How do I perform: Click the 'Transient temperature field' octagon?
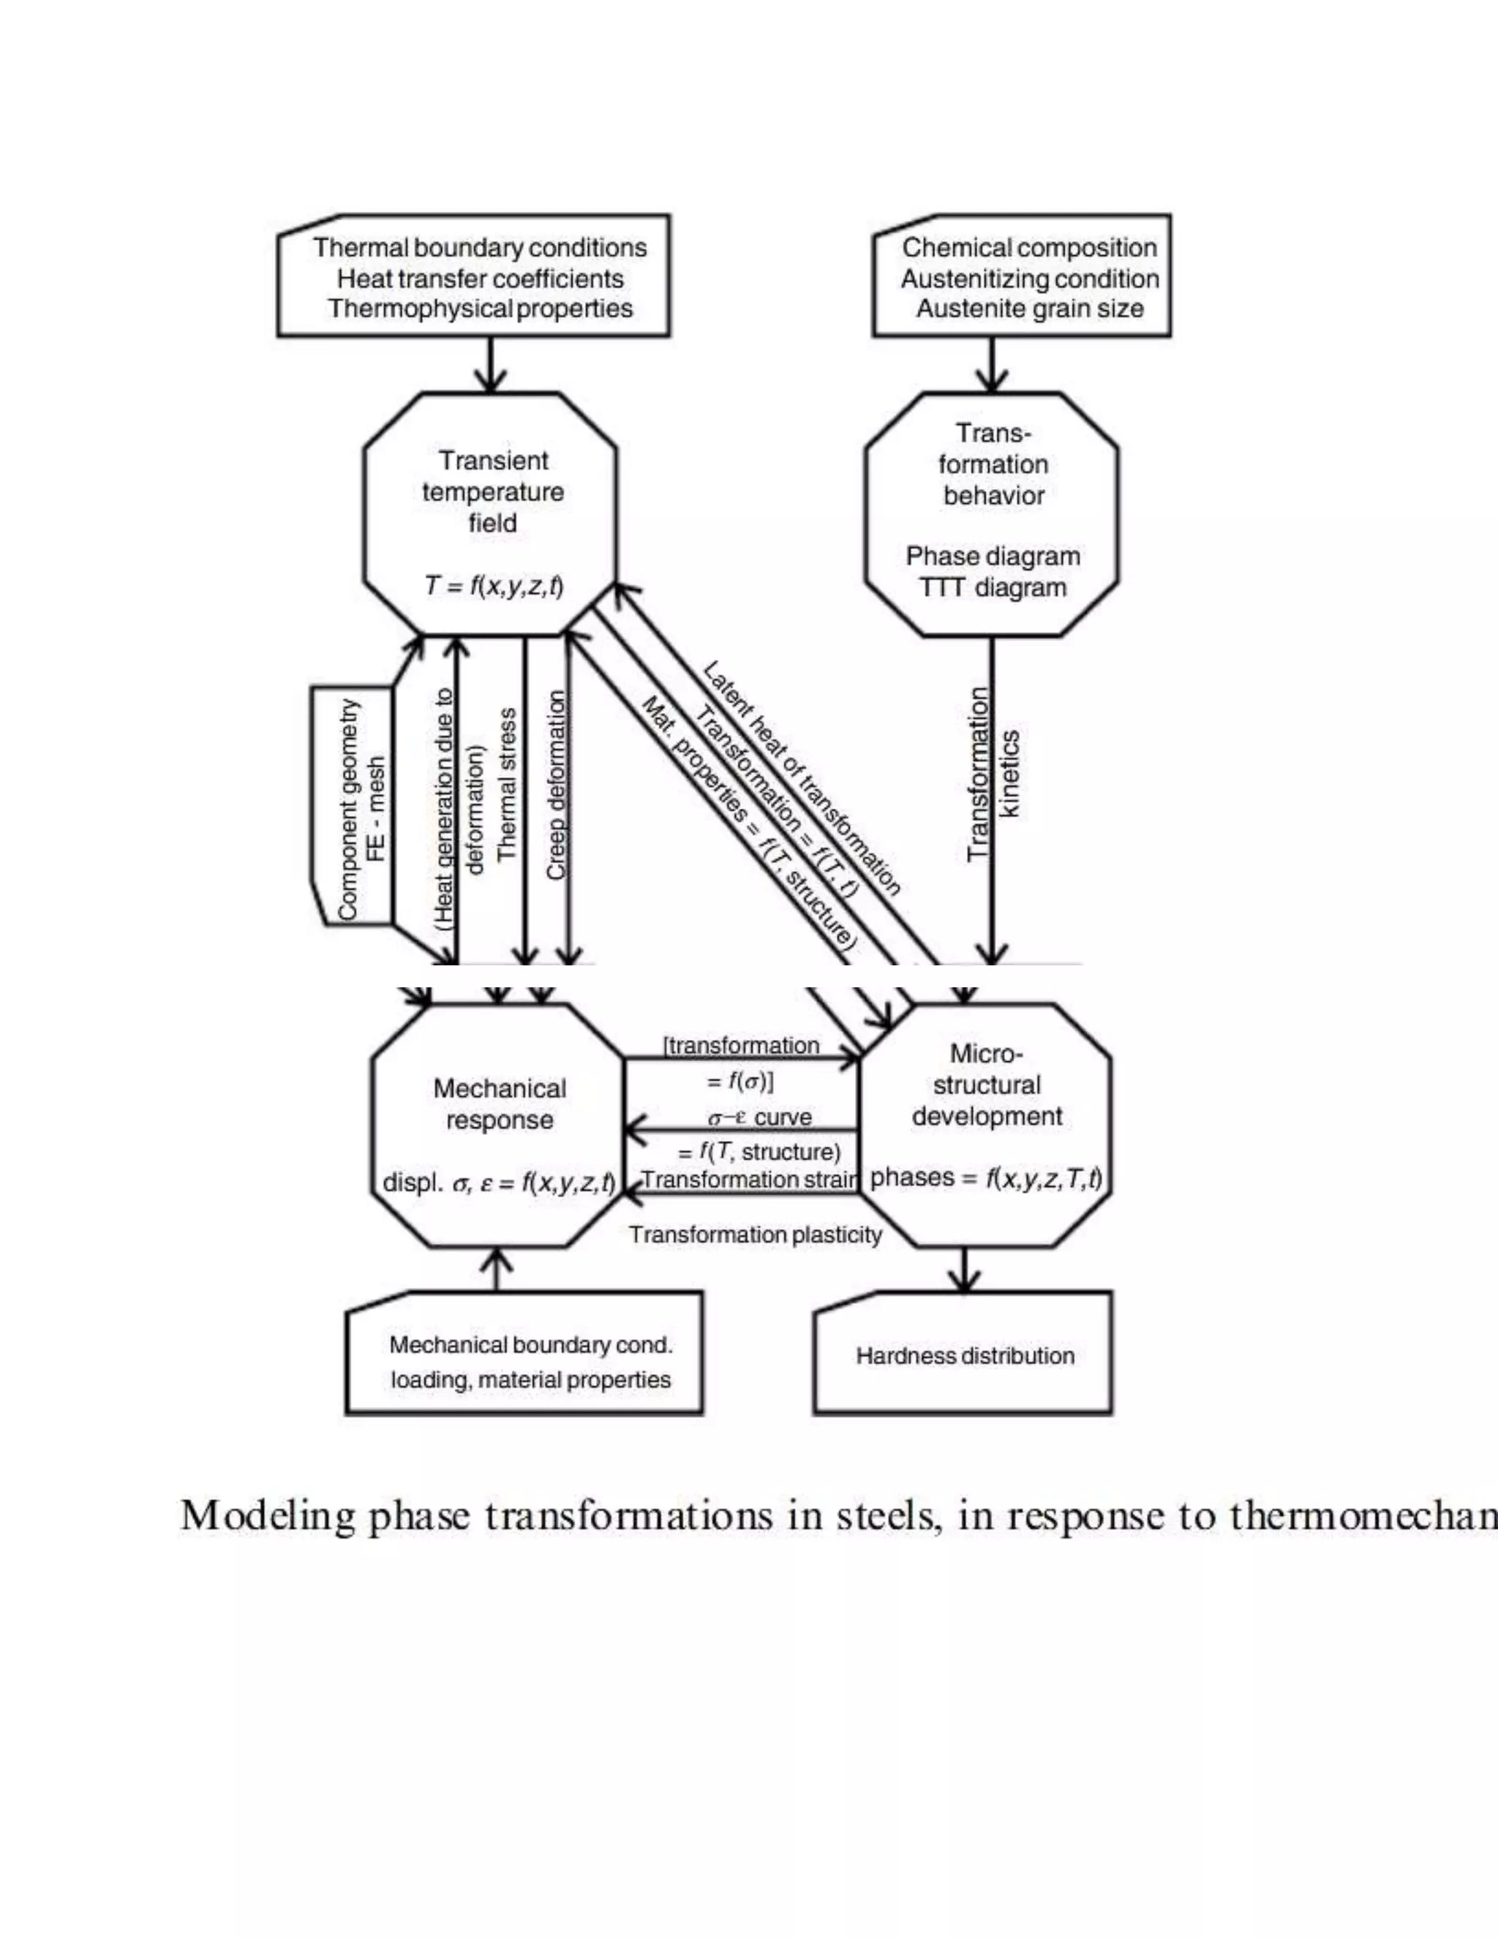(491, 515)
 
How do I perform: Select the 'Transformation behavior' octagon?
(991, 515)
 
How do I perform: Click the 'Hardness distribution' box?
(964, 1355)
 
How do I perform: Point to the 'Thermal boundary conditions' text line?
(479, 248)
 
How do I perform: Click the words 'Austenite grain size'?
(1029, 309)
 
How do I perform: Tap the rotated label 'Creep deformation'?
(556, 785)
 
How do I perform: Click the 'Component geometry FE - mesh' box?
(353, 807)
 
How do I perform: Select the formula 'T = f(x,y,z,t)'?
(494, 586)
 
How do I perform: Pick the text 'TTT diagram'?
(992, 587)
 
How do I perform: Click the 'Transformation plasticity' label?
(755, 1235)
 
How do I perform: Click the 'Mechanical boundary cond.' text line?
(531, 1345)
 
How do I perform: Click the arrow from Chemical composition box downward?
(991, 363)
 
